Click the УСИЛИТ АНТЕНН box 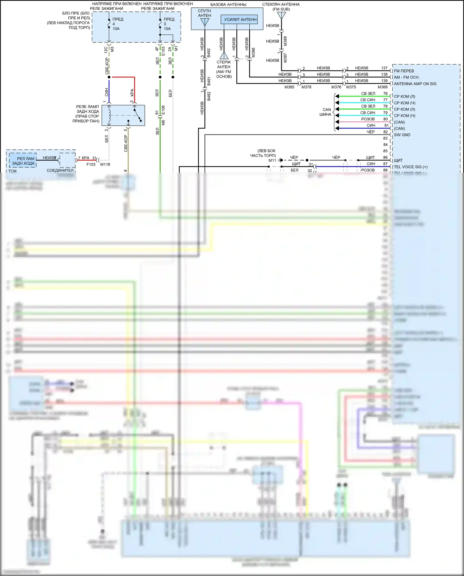click(x=240, y=19)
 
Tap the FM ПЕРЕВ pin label click(x=404, y=71)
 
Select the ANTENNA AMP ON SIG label click(x=415, y=84)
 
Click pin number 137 click(x=384, y=68)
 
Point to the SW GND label click(x=402, y=135)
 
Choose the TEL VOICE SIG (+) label click(x=410, y=167)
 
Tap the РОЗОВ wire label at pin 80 click(x=368, y=119)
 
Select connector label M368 click(x=382, y=87)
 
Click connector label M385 click(x=289, y=87)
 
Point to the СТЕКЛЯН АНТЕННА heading click(x=281, y=5)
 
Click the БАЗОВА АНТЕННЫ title click(x=228, y=5)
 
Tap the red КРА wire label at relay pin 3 click(x=132, y=92)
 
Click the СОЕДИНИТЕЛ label click(x=60, y=171)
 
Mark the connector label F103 click(x=91, y=164)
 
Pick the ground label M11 click(x=272, y=160)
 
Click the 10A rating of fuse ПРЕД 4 click(x=116, y=29)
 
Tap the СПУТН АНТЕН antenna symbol click(x=204, y=22)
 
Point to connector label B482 click(x=209, y=96)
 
